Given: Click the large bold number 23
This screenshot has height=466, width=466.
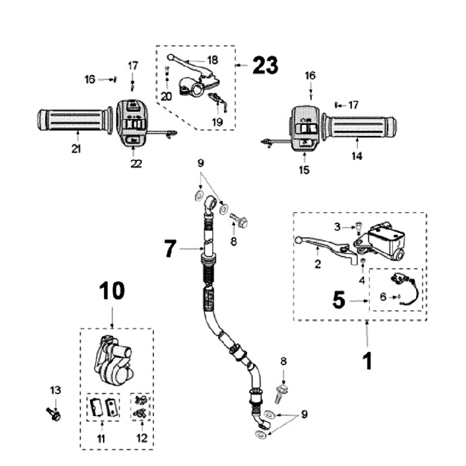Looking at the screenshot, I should (265, 65).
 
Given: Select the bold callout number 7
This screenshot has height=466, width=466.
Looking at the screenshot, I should (170, 249).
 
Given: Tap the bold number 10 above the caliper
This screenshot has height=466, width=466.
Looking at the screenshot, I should (113, 292).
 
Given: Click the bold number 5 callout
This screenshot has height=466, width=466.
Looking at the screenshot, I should (338, 300).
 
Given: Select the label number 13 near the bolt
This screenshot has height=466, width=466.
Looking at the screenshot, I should (56, 390).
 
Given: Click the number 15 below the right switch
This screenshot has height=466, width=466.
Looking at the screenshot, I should (305, 170).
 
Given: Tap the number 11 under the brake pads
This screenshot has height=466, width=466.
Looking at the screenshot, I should (100, 439).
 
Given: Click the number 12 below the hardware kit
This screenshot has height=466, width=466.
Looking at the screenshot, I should (142, 439).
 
